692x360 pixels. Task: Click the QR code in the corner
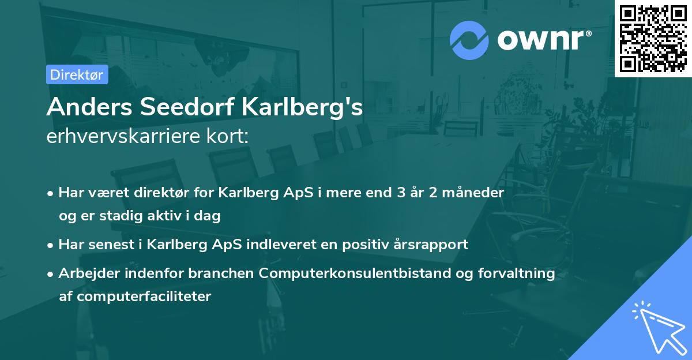tap(653, 39)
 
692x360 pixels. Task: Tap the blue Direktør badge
tap(77, 74)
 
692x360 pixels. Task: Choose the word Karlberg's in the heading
tap(301, 107)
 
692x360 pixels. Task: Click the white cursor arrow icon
tap(659, 325)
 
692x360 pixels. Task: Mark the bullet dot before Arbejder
tap(51, 273)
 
